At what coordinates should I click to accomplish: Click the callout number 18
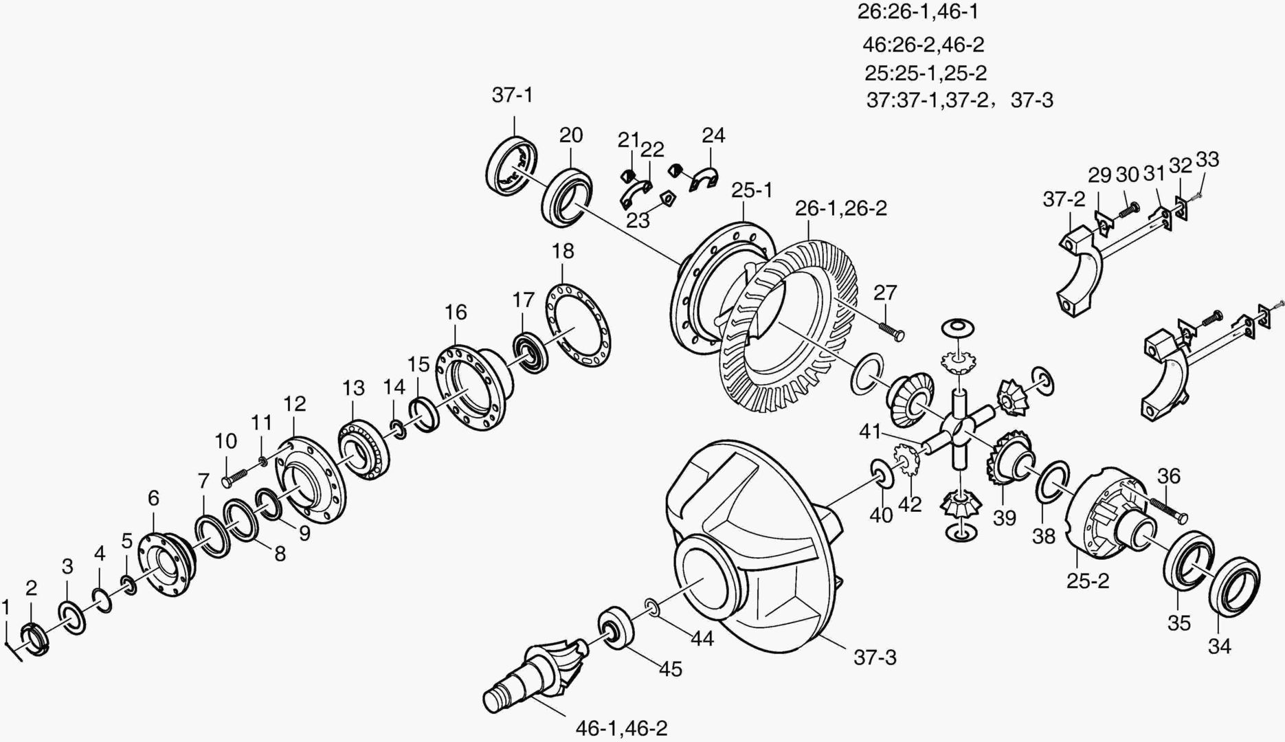pos(563,251)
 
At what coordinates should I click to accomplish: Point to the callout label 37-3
pos(875,657)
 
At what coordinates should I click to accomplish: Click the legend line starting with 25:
pos(925,73)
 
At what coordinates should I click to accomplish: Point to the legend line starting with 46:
pos(923,45)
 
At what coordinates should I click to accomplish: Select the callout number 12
pos(294,404)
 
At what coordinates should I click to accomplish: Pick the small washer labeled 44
pos(651,607)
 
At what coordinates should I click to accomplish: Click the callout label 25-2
pos(1088,581)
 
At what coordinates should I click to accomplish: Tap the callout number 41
pos(870,432)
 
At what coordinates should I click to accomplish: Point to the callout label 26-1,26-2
pos(841,208)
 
